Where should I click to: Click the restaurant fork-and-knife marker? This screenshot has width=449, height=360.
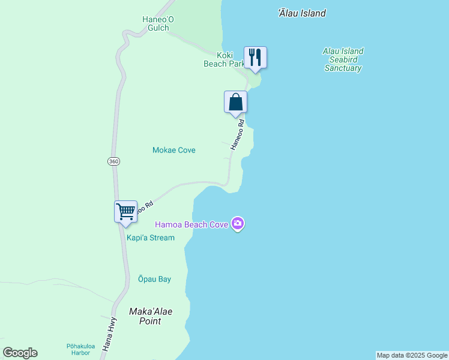pos(255,58)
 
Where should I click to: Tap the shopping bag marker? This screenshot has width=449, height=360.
pos(236,102)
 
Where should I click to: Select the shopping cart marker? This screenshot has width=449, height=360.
pos(125,211)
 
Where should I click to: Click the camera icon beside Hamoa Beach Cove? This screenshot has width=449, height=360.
pos(238,224)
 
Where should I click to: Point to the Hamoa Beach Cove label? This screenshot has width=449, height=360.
pos(191,224)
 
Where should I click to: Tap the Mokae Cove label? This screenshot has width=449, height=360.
pos(174,150)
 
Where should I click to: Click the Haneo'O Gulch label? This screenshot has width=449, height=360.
pos(158,23)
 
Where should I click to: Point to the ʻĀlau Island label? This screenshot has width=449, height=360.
pos(302,13)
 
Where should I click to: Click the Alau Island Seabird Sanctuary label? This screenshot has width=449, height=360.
pos(343,60)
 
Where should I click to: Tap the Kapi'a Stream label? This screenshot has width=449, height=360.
pos(151,238)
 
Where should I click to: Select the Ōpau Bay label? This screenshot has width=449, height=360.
pos(154,279)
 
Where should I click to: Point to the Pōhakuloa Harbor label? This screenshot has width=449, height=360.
pos(78,349)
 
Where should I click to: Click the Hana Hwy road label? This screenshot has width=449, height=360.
pos(109,334)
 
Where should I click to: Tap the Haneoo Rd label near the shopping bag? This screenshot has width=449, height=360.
pos(238,135)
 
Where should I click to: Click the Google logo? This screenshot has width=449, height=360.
pos(20,353)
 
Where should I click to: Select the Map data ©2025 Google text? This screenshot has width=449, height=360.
pos(412,355)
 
